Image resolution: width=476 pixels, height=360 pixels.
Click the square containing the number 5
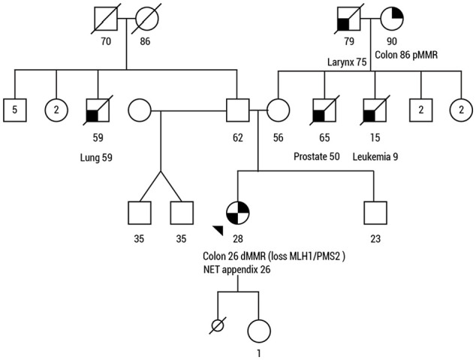15,110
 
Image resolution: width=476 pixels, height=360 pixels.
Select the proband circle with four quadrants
238,213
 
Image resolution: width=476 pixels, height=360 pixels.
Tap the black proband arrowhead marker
218,230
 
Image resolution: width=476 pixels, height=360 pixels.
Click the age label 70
106,41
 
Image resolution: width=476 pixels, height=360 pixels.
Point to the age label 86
145,41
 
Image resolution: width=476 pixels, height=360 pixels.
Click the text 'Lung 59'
96,157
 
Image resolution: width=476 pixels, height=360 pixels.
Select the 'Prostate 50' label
317,156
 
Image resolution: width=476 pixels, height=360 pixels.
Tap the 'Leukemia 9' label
375,156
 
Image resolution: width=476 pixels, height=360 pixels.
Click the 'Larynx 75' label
347,62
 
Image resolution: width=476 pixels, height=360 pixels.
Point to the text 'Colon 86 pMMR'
406,55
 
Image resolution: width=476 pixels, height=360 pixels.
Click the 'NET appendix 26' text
236,269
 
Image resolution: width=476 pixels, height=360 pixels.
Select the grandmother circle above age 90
392,19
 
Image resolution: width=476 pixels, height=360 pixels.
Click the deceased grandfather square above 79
349,19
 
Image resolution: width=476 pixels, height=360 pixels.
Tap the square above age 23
375,213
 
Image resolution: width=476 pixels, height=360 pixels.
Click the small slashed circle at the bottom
218,325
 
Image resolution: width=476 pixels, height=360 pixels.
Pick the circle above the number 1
259,331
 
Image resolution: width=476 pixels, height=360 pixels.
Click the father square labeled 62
238,110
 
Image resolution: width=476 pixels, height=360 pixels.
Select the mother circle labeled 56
278,110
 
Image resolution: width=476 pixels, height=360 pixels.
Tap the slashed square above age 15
375,110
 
